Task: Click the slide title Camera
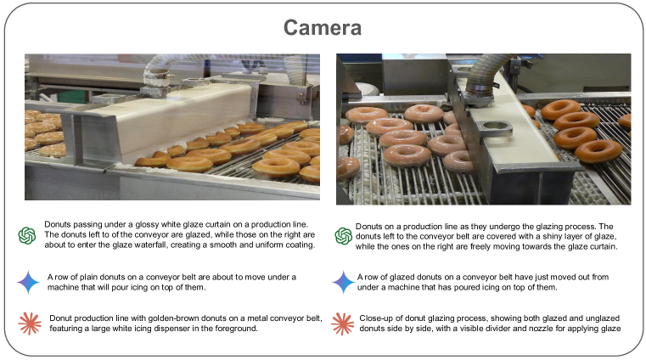coord(323,28)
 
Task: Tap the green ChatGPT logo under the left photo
coord(27,235)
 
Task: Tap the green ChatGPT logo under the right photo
coord(344,236)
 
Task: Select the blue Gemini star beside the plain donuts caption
coord(28,282)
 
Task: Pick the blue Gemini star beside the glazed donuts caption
coord(343,282)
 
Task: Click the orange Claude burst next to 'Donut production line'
coord(30,323)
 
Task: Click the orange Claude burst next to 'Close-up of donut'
coord(342,323)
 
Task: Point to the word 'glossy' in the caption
coord(147,224)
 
